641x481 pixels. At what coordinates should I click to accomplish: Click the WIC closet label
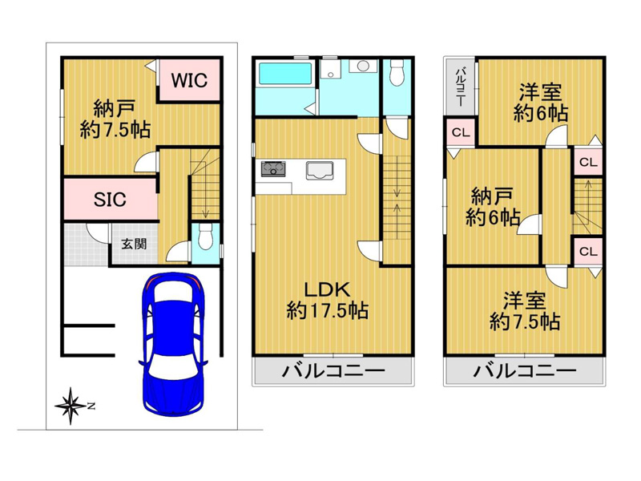(x=189, y=80)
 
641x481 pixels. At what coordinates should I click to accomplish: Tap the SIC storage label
(x=110, y=200)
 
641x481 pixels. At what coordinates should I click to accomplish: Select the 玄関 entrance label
(x=134, y=245)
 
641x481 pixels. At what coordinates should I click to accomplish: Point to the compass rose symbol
(x=71, y=406)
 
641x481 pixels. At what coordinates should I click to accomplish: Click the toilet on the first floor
(x=204, y=236)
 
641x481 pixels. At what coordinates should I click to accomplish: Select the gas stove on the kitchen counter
(x=273, y=168)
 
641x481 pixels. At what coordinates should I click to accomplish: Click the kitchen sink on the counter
(x=320, y=171)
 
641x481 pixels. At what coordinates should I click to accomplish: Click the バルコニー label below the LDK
(x=333, y=371)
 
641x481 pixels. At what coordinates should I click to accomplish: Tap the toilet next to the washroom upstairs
(x=396, y=72)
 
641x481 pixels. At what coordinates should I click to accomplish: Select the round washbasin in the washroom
(x=363, y=66)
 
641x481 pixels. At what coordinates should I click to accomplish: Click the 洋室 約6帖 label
(x=540, y=103)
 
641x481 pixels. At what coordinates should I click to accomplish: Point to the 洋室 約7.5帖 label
(x=525, y=311)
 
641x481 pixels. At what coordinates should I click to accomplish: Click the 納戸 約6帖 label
(x=493, y=207)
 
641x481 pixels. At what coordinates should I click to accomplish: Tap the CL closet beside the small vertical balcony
(x=461, y=132)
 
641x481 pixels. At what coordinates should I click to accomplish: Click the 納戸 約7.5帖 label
(x=115, y=119)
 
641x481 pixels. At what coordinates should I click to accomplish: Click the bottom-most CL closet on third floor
(x=588, y=251)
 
